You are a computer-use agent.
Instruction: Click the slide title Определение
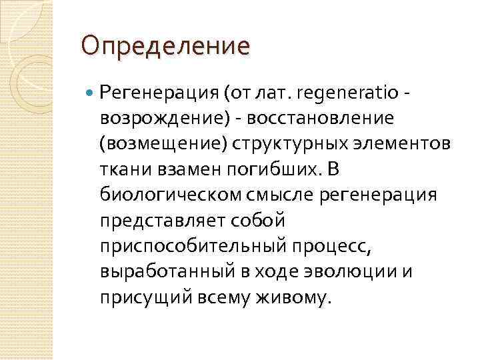pos(165,47)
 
